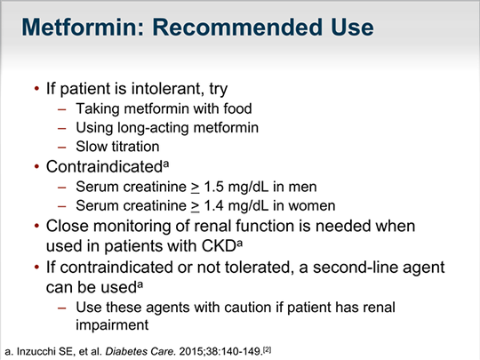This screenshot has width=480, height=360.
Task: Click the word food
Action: click(x=237, y=108)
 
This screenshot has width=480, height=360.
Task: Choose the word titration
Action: click(x=135, y=147)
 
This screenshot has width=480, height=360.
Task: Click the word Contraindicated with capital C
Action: click(x=104, y=167)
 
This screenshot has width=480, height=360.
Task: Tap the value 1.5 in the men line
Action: click(x=213, y=187)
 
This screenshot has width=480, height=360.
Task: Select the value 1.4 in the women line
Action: click(x=213, y=205)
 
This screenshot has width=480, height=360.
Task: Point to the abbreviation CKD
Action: click(x=219, y=246)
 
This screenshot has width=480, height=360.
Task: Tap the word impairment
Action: click(x=112, y=325)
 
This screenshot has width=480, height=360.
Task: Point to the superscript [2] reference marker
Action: click(x=268, y=349)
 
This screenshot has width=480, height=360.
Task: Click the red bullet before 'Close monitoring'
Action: click(x=36, y=227)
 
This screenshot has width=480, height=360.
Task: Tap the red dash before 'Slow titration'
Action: click(x=62, y=148)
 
